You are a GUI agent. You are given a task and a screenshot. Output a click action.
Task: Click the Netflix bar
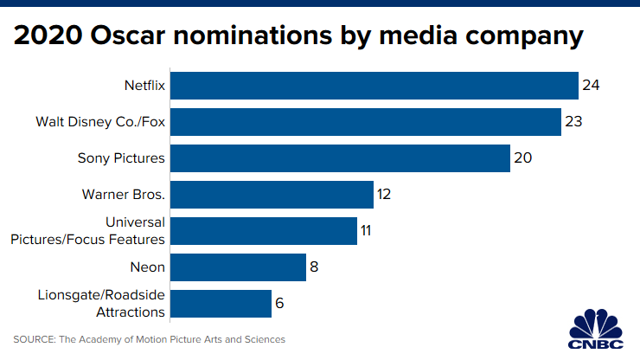point(374,86)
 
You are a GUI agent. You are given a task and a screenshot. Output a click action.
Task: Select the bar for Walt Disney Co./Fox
point(365,122)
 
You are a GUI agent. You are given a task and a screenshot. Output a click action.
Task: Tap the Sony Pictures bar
point(340,158)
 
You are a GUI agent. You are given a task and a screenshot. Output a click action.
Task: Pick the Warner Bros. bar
point(272,195)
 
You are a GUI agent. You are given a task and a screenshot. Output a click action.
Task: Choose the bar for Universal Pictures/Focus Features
point(264,231)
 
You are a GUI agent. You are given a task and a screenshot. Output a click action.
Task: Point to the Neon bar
point(238,267)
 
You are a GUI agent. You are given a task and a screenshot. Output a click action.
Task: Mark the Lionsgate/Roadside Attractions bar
point(221,304)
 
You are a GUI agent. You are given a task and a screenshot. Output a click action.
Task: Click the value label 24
point(591,86)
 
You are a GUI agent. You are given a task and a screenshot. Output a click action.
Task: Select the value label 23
point(573,122)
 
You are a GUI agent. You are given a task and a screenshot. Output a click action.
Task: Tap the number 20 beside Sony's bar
point(522,158)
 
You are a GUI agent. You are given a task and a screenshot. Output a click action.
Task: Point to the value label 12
point(385,195)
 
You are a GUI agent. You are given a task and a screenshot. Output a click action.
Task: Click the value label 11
point(368,231)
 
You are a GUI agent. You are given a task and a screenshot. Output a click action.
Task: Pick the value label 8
point(314,267)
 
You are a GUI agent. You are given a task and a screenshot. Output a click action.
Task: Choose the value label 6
point(279,304)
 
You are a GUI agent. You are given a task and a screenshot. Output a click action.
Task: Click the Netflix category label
point(144,86)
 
